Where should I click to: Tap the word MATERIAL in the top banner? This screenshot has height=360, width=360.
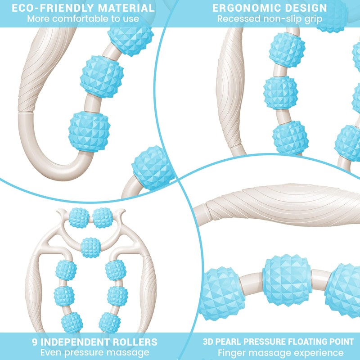(x=126, y=8)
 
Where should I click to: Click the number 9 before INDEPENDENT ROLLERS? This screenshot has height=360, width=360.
(x=35, y=342)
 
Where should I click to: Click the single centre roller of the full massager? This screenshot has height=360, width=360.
(x=91, y=247)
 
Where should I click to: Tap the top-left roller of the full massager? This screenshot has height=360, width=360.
(x=79, y=218)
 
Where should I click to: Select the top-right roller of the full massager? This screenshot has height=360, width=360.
(x=103, y=218)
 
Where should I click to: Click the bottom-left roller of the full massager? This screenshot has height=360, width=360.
(x=72, y=322)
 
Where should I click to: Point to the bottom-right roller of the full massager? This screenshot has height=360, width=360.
(x=109, y=322)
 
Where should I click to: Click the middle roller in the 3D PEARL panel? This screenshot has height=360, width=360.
(x=287, y=280)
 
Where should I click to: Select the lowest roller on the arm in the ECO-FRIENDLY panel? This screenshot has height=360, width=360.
(x=89, y=131)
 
